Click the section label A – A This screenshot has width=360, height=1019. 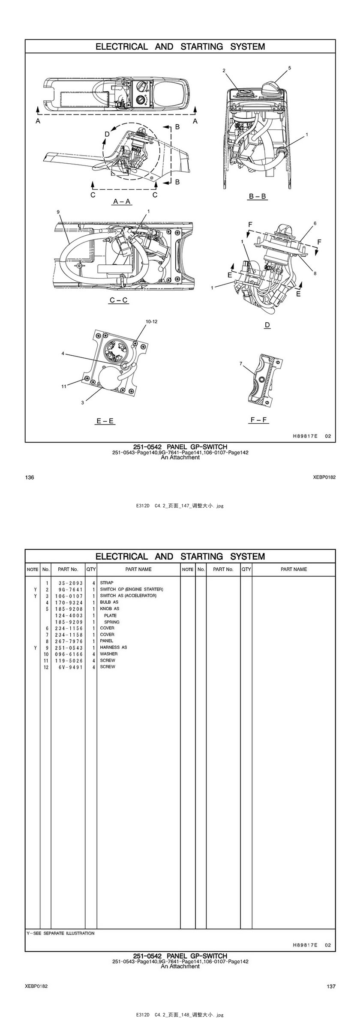click(x=122, y=201)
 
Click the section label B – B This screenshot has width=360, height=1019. click(x=258, y=196)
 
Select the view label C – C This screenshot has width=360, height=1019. click(x=119, y=300)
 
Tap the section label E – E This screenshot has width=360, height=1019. click(x=105, y=421)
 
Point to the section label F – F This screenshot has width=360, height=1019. click(x=258, y=420)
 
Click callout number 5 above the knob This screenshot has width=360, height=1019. click(x=289, y=68)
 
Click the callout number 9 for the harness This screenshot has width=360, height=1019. click(x=58, y=212)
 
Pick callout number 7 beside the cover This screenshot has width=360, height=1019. click(x=241, y=363)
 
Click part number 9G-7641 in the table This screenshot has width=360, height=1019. click(x=69, y=589)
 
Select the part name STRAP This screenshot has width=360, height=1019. click(x=107, y=583)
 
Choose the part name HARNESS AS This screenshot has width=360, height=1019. click(x=114, y=647)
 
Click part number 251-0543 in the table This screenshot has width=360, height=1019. click(x=69, y=647)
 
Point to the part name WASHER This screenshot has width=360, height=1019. click(x=109, y=654)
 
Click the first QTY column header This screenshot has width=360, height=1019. click(x=91, y=569)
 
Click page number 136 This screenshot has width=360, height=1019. click(x=30, y=477)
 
